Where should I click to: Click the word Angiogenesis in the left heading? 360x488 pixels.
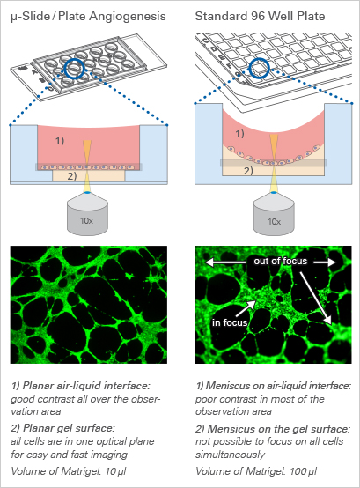tap(128, 17)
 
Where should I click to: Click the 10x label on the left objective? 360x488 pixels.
tap(86, 221)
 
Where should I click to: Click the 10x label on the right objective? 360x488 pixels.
tap(275, 222)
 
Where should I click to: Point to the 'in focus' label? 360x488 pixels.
tap(230, 322)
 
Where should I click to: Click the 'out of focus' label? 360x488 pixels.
tap(281, 261)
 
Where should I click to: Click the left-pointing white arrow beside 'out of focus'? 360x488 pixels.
tap(225, 262)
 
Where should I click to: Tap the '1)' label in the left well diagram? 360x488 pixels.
tap(60, 141)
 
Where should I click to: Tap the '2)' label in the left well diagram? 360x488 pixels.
tap(72, 176)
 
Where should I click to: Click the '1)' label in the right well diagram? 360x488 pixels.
tap(239, 134)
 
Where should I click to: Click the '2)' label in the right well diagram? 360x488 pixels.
tap(248, 171)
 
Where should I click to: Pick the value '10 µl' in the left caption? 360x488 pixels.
tap(115, 471)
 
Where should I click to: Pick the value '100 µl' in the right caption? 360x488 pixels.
tap(304, 471)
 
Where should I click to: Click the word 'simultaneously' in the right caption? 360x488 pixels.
tap(230, 455)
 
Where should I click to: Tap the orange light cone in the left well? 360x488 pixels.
tap(87, 149)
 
